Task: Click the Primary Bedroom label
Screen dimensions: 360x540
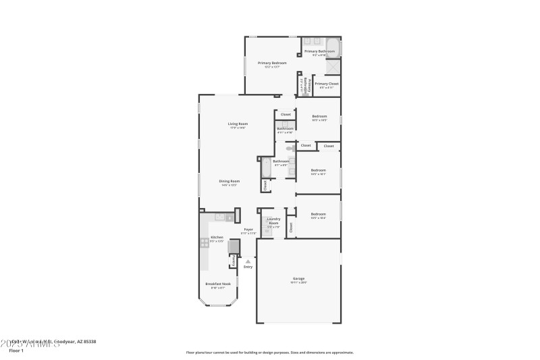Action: tap(272, 63)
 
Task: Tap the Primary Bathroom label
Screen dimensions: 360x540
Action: tap(319, 51)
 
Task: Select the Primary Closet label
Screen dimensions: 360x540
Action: tap(327, 84)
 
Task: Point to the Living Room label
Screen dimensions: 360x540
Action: tap(237, 124)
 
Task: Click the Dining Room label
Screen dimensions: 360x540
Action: tap(229, 181)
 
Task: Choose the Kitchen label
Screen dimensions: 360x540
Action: tap(217, 238)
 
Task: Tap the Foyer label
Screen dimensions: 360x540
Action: tap(248, 230)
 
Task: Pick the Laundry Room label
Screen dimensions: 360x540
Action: tap(273, 220)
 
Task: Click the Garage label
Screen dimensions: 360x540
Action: tap(298, 278)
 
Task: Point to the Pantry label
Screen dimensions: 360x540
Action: tap(234, 260)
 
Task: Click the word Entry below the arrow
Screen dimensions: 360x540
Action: tap(248, 267)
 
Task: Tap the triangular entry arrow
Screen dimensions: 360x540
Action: tap(248, 260)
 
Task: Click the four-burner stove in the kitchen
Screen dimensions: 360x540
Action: tap(203, 242)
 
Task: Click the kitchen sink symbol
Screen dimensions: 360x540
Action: tap(219, 217)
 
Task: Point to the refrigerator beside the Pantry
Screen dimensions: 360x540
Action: tap(234, 247)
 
